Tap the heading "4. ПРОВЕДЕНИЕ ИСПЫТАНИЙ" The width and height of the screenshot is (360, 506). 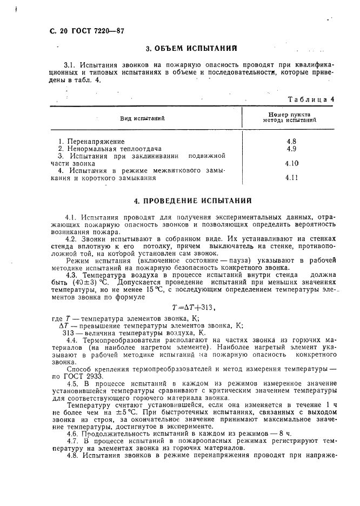pos(193,201)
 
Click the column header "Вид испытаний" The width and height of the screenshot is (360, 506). pos(142,118)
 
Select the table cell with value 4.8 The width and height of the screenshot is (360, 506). pos(291,142)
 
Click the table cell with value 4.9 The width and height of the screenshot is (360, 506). pos(291,149)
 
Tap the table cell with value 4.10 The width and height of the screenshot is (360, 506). pos(292,163)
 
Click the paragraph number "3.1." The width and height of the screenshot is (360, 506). pos(71,65)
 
